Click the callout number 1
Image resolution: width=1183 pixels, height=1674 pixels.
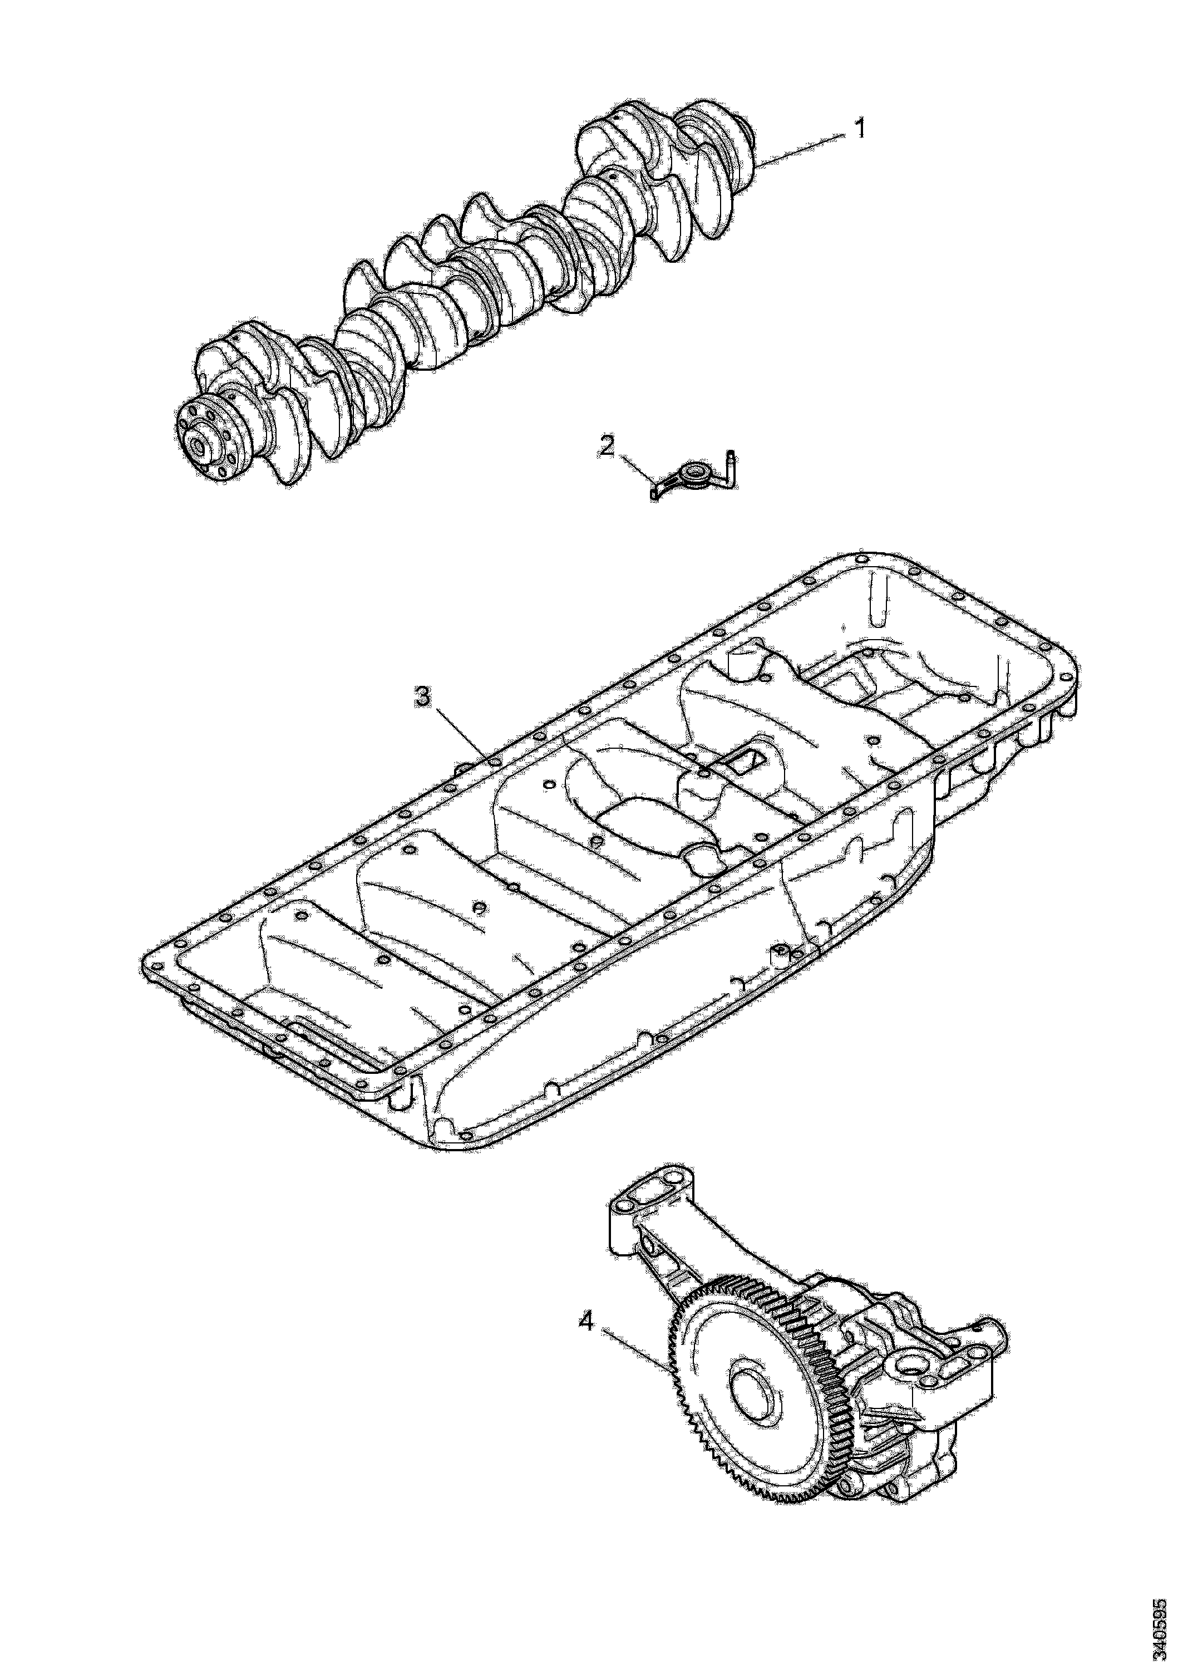(x=860, y=130)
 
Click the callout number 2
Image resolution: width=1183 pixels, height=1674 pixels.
(x=606, y=447)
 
